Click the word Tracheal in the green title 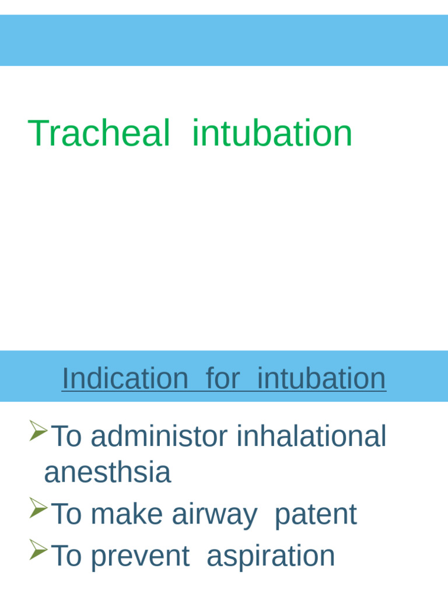click(99, 134)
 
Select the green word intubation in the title click(272, 134)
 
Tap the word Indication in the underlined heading click(125, 378)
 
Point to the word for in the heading click(222, 378)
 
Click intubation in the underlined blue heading click(321, 378)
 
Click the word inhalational click(311, 437)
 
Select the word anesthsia click(107, 472)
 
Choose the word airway click(214, 515)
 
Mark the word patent click(315, 515)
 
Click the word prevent click(140, 556)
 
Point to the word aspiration click(271, 556)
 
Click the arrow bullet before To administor click(38, 431)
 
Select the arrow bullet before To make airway click(38, 508)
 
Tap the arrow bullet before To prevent click(38, 550)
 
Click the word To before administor click(67, 437)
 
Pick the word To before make click(67, 515)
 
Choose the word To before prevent click(67, 556)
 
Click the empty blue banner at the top click(224, 40)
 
